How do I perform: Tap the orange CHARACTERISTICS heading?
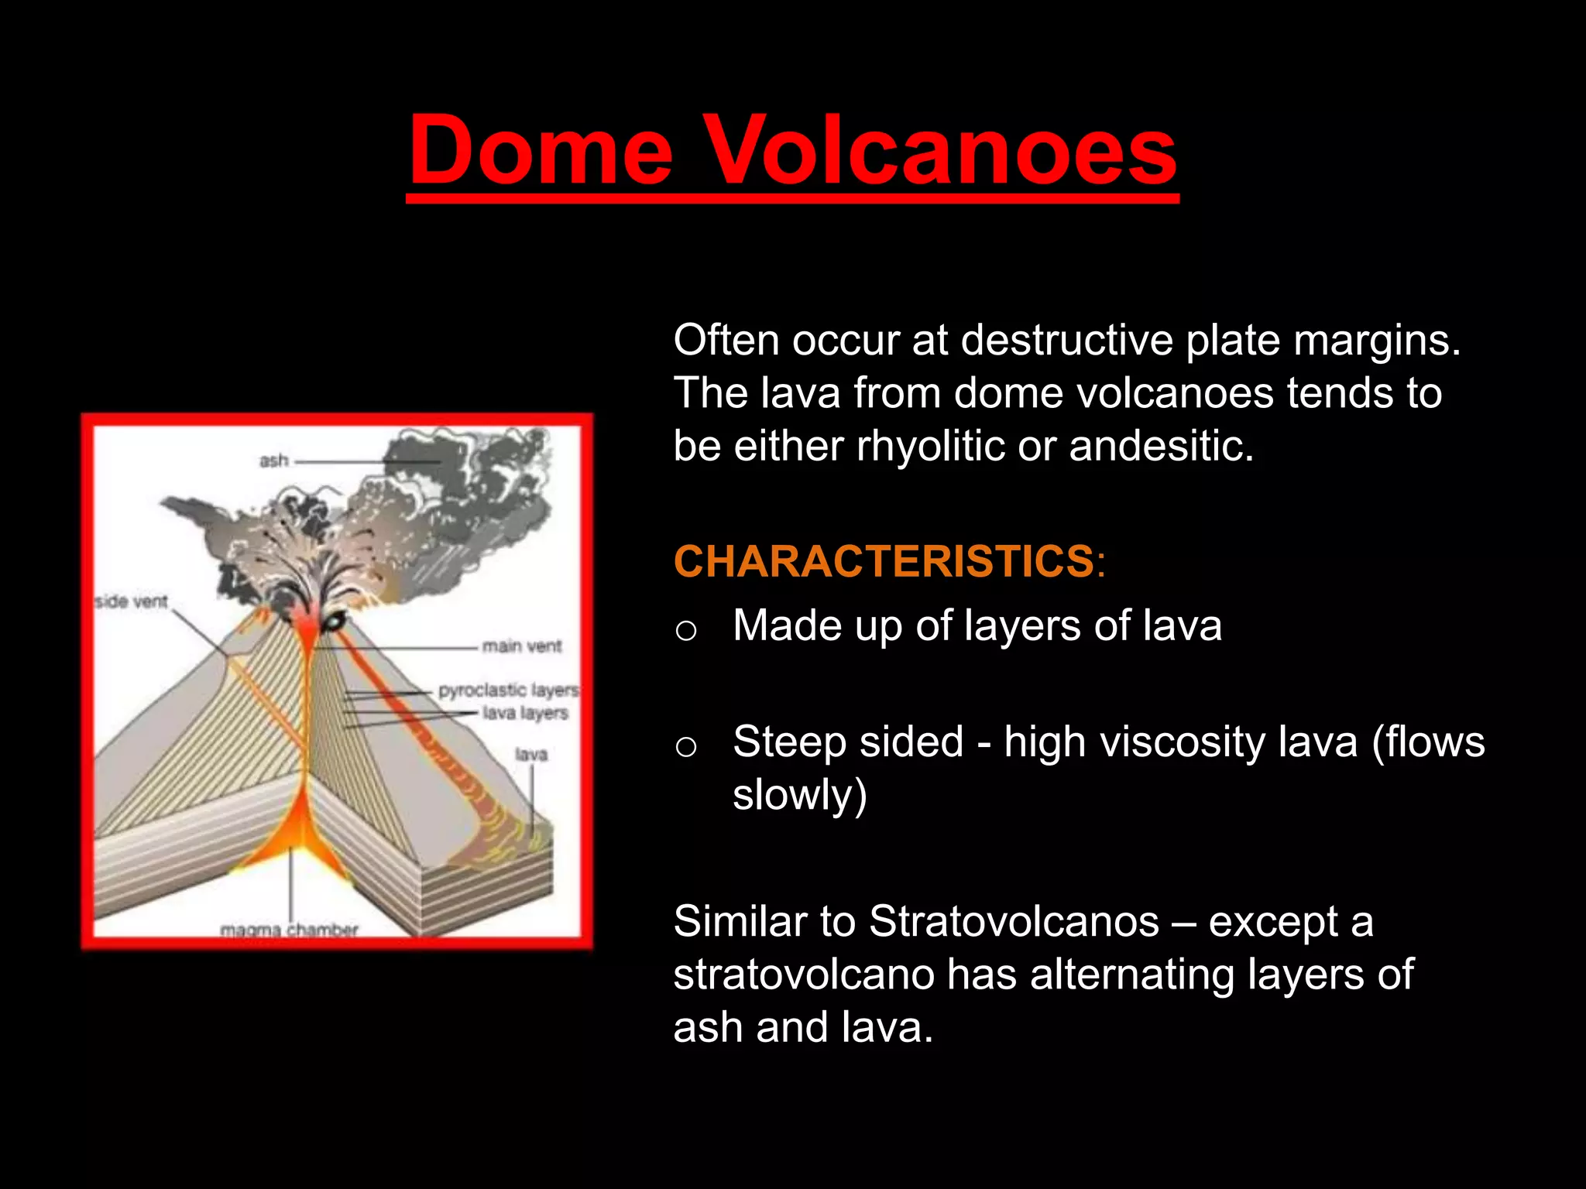(883, 561)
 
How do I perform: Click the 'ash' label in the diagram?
(273, 461)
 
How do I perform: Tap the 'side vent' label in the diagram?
(132, 601)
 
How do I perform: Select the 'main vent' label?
(522, 646)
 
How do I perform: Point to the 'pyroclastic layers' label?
(508, 690)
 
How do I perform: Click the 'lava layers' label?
(525, 713)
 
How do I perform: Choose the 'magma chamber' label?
(290, 930)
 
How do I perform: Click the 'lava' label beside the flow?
(531, 754)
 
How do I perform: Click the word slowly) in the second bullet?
(799, 796)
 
